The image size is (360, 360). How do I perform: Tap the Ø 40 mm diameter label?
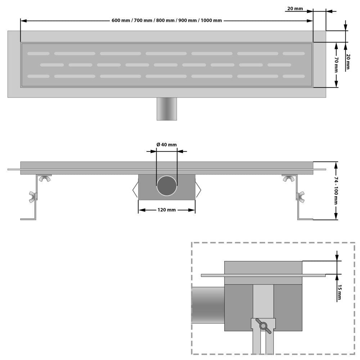point(167,145)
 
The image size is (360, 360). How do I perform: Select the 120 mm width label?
point(167,210)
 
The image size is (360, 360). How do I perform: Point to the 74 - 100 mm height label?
point(336,190)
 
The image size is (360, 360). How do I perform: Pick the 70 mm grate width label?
point(336,65)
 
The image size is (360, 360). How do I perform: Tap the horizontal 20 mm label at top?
point(295,9)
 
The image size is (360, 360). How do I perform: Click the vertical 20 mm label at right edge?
point(348,62)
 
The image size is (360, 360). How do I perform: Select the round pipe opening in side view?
point(167,185)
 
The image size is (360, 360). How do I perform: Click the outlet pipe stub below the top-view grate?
point(167,109)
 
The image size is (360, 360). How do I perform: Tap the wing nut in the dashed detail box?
point(263,326)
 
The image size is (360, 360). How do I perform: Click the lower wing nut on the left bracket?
point(33,196)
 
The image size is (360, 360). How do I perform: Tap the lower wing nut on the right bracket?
point(300,196)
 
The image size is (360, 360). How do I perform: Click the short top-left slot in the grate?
point(39,54)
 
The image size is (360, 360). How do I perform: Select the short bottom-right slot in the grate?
point(293,76)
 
